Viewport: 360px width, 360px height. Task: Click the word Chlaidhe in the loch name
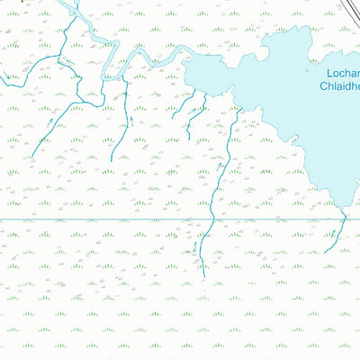[x=340, y=86]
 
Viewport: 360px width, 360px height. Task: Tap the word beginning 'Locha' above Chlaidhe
[x=342, y=72]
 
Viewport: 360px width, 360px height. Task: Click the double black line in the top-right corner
[x=349, y=8]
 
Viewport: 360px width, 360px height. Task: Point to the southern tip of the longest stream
[x=203, y=275]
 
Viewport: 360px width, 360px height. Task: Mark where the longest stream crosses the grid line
[x=210, y=219]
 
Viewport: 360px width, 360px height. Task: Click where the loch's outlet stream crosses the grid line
[x=342, y=219]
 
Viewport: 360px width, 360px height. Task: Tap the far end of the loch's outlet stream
[x=326, y=252]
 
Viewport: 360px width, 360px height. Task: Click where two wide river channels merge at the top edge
[x=74, y=12]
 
